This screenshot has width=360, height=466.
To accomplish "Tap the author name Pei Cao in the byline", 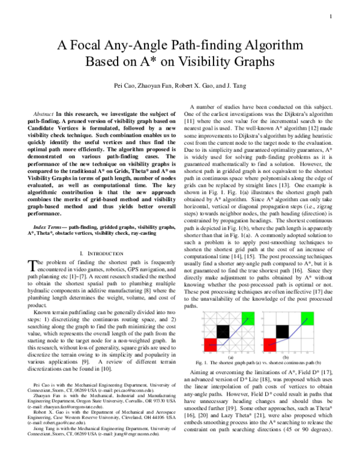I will click(x=125, y=86).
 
